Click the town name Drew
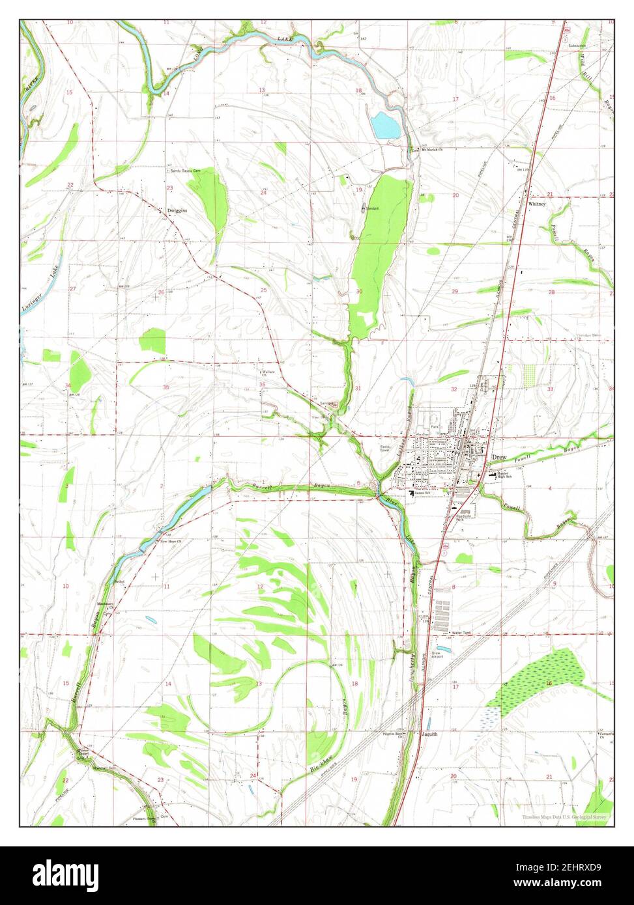coord(499,458)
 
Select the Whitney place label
coord(537,203)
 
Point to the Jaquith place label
coord(429,733)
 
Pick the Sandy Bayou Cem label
coord(185,171)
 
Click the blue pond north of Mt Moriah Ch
coord(385,125)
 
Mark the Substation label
coord(577,46)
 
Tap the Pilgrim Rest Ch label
coord(394,734)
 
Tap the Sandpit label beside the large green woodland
coord(371,208)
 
